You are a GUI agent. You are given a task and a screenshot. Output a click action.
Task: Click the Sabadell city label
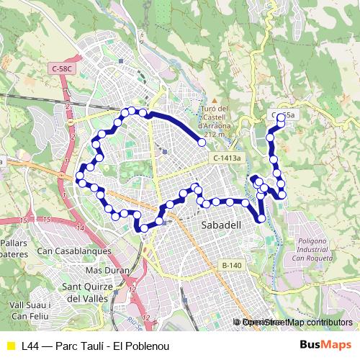219,225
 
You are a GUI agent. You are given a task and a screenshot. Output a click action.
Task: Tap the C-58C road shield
63,68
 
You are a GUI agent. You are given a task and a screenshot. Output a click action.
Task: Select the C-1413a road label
228,158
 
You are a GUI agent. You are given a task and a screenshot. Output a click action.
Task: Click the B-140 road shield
232,266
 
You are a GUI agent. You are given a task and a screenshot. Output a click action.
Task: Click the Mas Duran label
107,270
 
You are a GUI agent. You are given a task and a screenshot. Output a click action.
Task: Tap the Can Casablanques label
74,251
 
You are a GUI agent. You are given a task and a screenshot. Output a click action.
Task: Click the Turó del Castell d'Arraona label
214,117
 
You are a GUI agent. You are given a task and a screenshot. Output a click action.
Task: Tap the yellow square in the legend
10,346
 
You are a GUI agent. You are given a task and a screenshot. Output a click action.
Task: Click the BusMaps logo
326,345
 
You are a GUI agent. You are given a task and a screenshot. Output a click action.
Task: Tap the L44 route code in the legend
30,346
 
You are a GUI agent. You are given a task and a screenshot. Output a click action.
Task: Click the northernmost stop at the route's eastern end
281,118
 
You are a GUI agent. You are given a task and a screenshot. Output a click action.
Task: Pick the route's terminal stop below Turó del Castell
202,143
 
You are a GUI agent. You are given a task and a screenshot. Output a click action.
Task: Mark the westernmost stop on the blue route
80,176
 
